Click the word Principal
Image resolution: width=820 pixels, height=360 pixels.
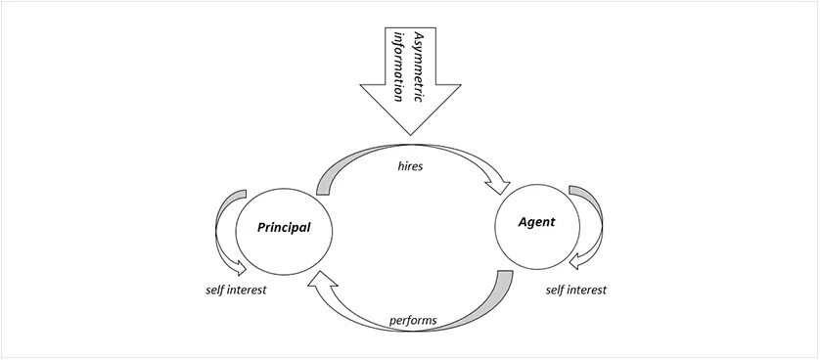[284, 228]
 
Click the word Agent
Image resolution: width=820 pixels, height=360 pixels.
[536, 222]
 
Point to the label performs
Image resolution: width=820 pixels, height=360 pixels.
[412, 319]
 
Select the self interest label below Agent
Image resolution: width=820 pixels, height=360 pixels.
[575, 290]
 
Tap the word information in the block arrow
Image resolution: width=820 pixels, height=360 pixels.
[398, 65]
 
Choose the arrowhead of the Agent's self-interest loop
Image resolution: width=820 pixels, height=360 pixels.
[577, 259]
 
